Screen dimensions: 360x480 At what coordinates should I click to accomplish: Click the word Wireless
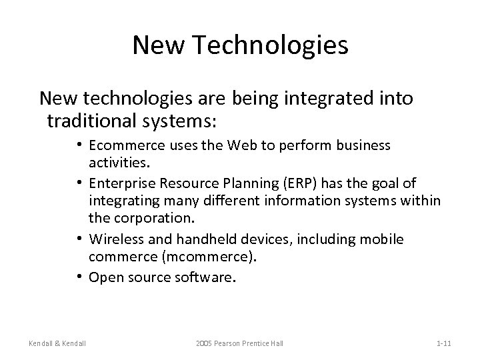(113, 239)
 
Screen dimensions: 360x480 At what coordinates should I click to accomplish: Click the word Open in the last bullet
(103, 276)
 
